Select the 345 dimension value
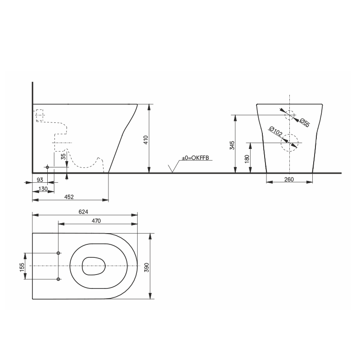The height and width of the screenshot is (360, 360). coord(232,145)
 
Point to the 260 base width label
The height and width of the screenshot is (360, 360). coord(289,179)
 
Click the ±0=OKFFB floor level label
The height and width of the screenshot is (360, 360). coord(195,158)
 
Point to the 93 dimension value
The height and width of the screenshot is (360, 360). coord(40,180)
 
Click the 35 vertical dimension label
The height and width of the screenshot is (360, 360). coord(63,156)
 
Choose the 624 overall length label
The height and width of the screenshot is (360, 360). coord(83,211)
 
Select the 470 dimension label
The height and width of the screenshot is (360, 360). coord(96,220)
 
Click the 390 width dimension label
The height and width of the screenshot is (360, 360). coord(146,266)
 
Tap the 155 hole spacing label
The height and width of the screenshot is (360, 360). coord(21,266)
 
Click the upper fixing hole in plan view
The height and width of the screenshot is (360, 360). coord(58,253)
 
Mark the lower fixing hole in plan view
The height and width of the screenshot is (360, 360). coord(58,279)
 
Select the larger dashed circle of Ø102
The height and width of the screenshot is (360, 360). coord(289,143)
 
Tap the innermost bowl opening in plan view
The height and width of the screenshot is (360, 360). coord(94,266)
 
